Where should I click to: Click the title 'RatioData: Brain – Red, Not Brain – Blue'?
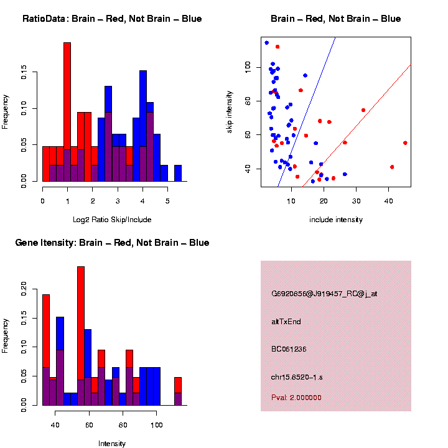112,19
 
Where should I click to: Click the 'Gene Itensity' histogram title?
112,243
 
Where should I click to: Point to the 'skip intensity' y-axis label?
230,111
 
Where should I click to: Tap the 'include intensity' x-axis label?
335,220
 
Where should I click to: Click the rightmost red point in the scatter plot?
405,142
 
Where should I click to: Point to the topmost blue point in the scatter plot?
266,42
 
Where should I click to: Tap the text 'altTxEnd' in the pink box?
286,322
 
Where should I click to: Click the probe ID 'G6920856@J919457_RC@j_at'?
324,294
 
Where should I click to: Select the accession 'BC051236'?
289,349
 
